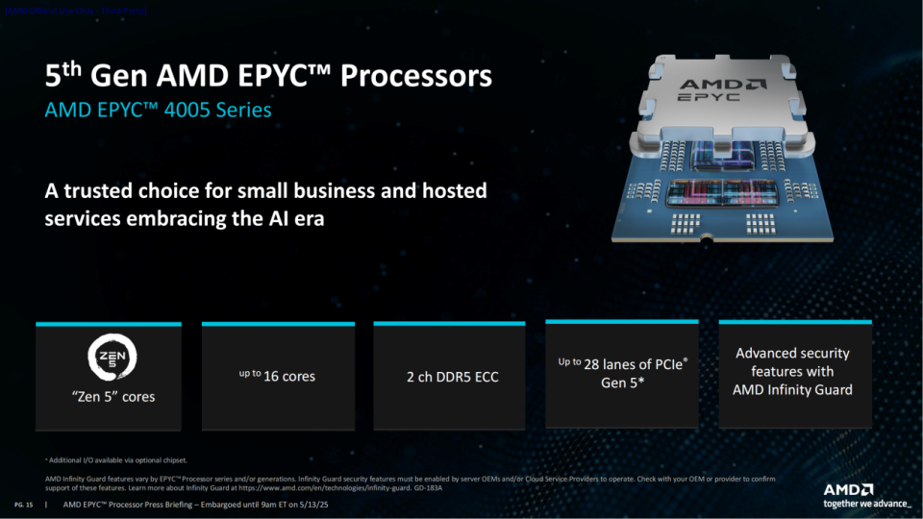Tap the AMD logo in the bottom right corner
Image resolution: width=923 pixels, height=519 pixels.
tap(848, 489)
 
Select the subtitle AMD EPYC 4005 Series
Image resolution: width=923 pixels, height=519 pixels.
tap(158, 111)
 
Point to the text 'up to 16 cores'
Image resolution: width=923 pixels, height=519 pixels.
tap(277, 376)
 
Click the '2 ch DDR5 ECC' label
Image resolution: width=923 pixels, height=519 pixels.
tap(450, 377)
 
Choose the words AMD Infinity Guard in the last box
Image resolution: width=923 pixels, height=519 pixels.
tap(792, 389)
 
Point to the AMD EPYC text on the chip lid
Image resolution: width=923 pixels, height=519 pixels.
tap(712, 90)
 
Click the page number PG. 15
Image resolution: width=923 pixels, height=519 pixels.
tap(24, 504)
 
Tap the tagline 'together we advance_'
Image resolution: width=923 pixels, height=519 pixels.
tap(866, 504)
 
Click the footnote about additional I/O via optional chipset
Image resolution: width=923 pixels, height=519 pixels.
tap(116, 460)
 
